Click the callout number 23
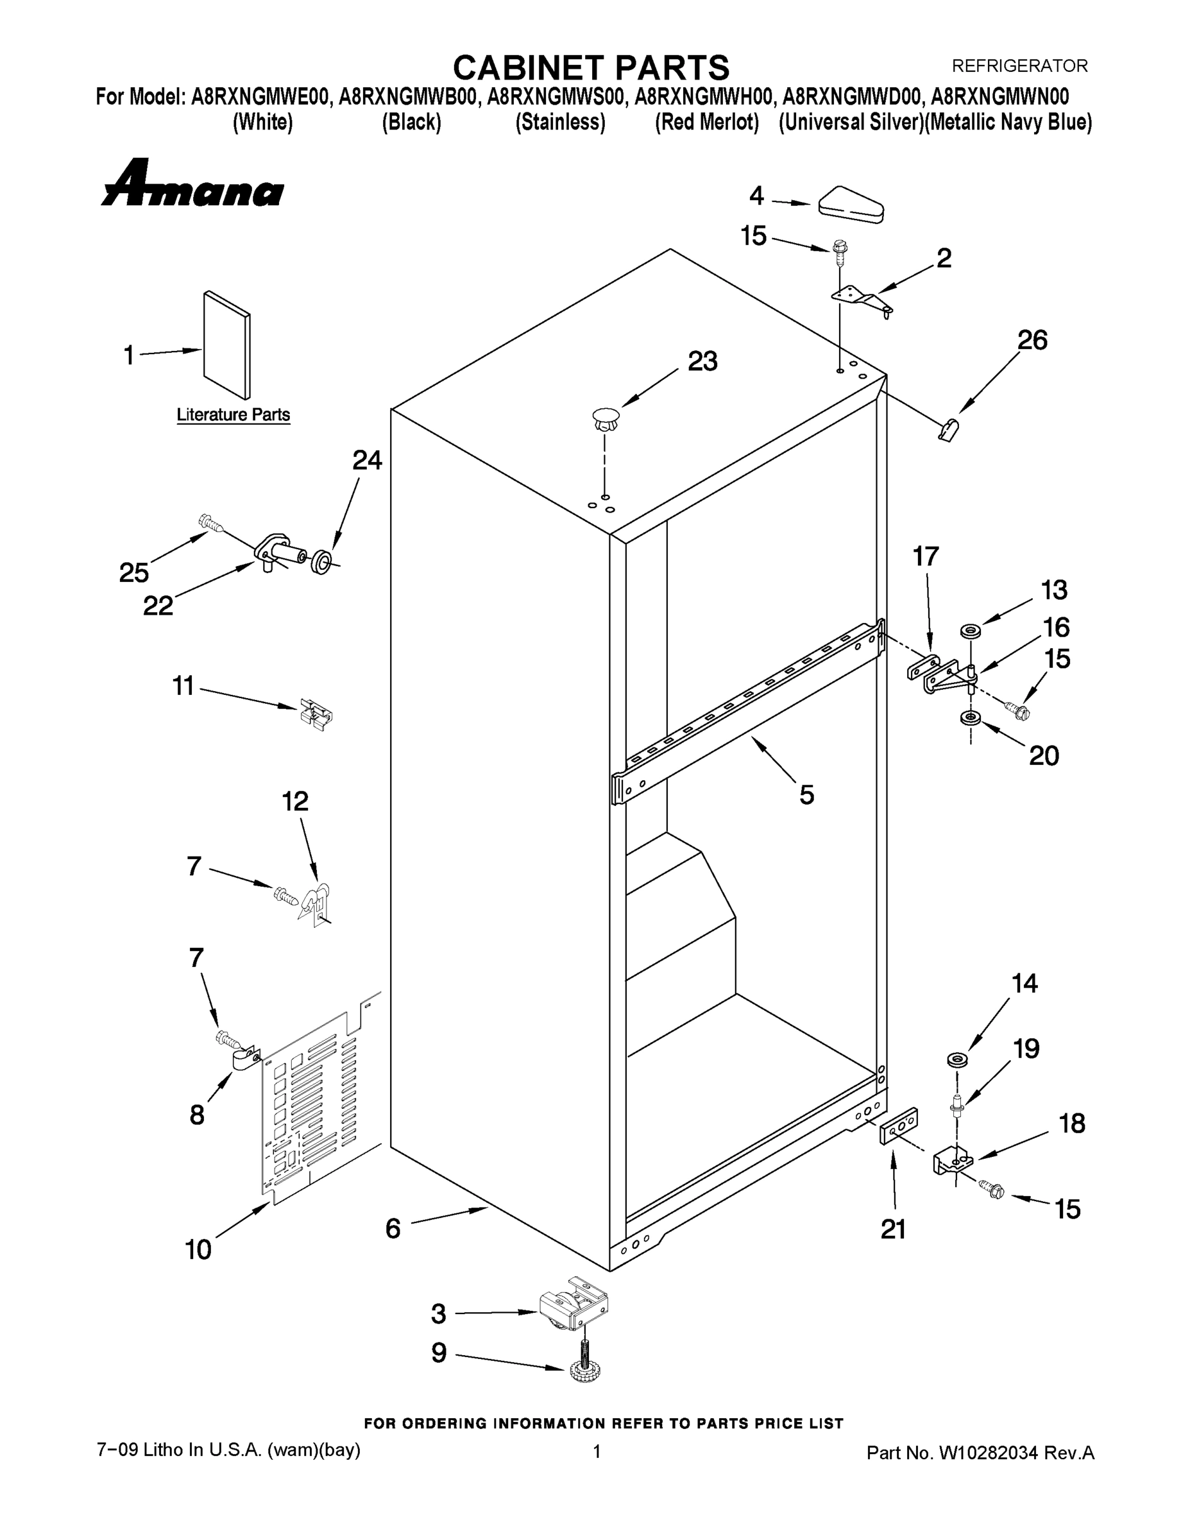coord(702,361)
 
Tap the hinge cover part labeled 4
coord(851,205)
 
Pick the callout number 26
coord(1032,341)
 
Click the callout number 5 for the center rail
coord(806,794)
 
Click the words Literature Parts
coord(233,415)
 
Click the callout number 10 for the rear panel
coord(198,1250)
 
